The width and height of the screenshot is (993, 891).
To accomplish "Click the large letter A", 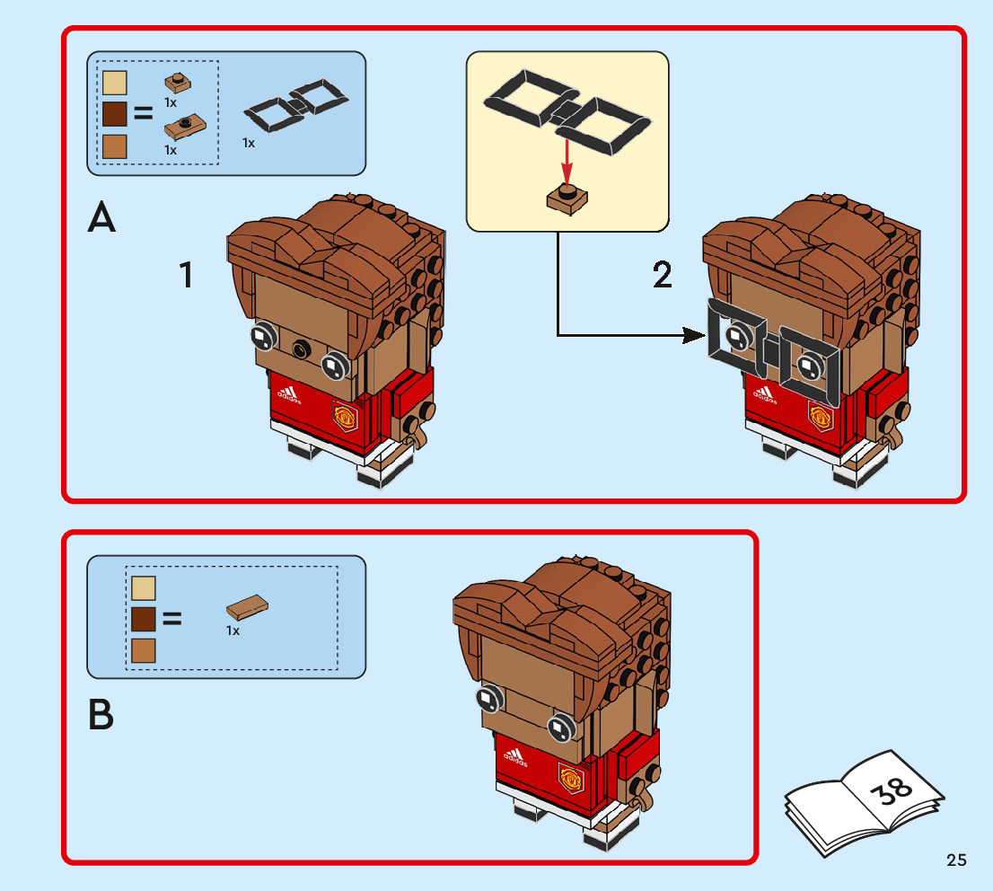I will (101, 219).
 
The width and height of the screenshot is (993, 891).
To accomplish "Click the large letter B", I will (101, 715).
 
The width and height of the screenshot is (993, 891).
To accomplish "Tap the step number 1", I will (186, 275).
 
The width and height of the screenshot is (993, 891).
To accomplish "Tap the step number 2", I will (662, 275).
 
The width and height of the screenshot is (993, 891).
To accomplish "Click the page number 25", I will (956, 860).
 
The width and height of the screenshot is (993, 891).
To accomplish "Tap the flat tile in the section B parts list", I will (249, 608).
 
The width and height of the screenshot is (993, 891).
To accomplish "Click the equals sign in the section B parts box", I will (171, 618).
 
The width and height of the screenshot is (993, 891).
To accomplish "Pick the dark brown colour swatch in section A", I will (115, 114).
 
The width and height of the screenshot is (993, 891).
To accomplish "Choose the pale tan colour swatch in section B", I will (144, 588).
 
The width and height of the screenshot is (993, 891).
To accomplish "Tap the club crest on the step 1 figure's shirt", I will (344, 415).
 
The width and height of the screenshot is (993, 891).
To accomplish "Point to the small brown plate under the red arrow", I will (567, 198).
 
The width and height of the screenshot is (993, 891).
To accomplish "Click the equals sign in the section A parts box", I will (144, 114).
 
